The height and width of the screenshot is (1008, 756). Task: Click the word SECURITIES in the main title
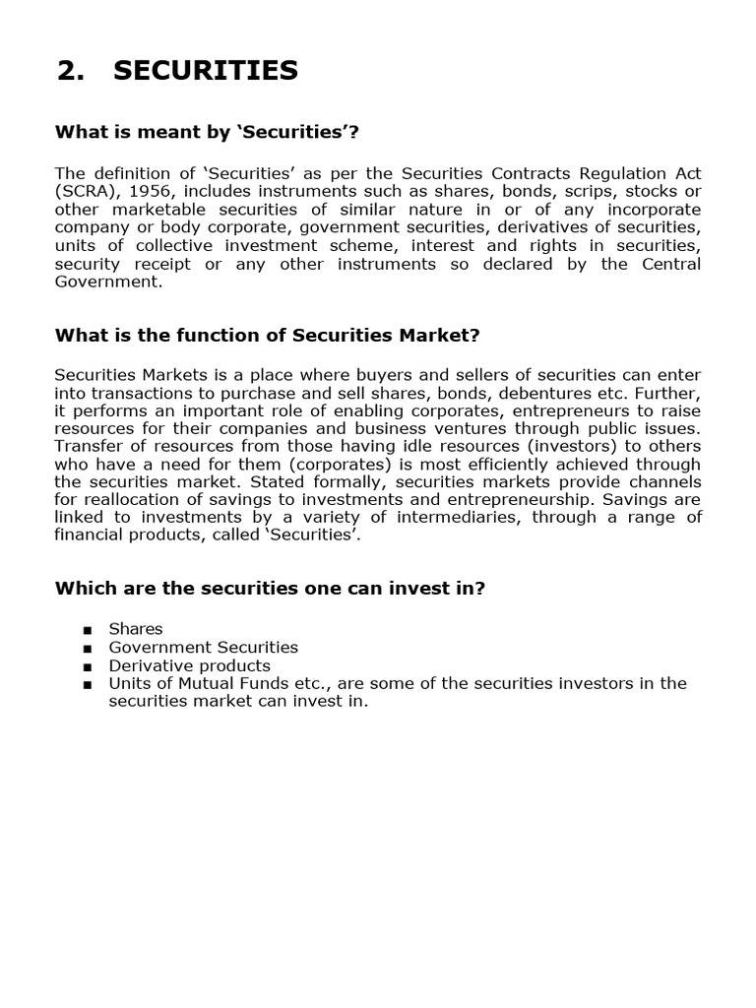[x=206, y=71]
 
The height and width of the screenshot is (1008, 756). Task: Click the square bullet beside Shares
[x=88, y=630]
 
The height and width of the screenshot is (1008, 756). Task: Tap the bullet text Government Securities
[x=203, y=647]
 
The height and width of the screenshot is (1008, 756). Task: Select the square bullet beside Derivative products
[x=88, y=666]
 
